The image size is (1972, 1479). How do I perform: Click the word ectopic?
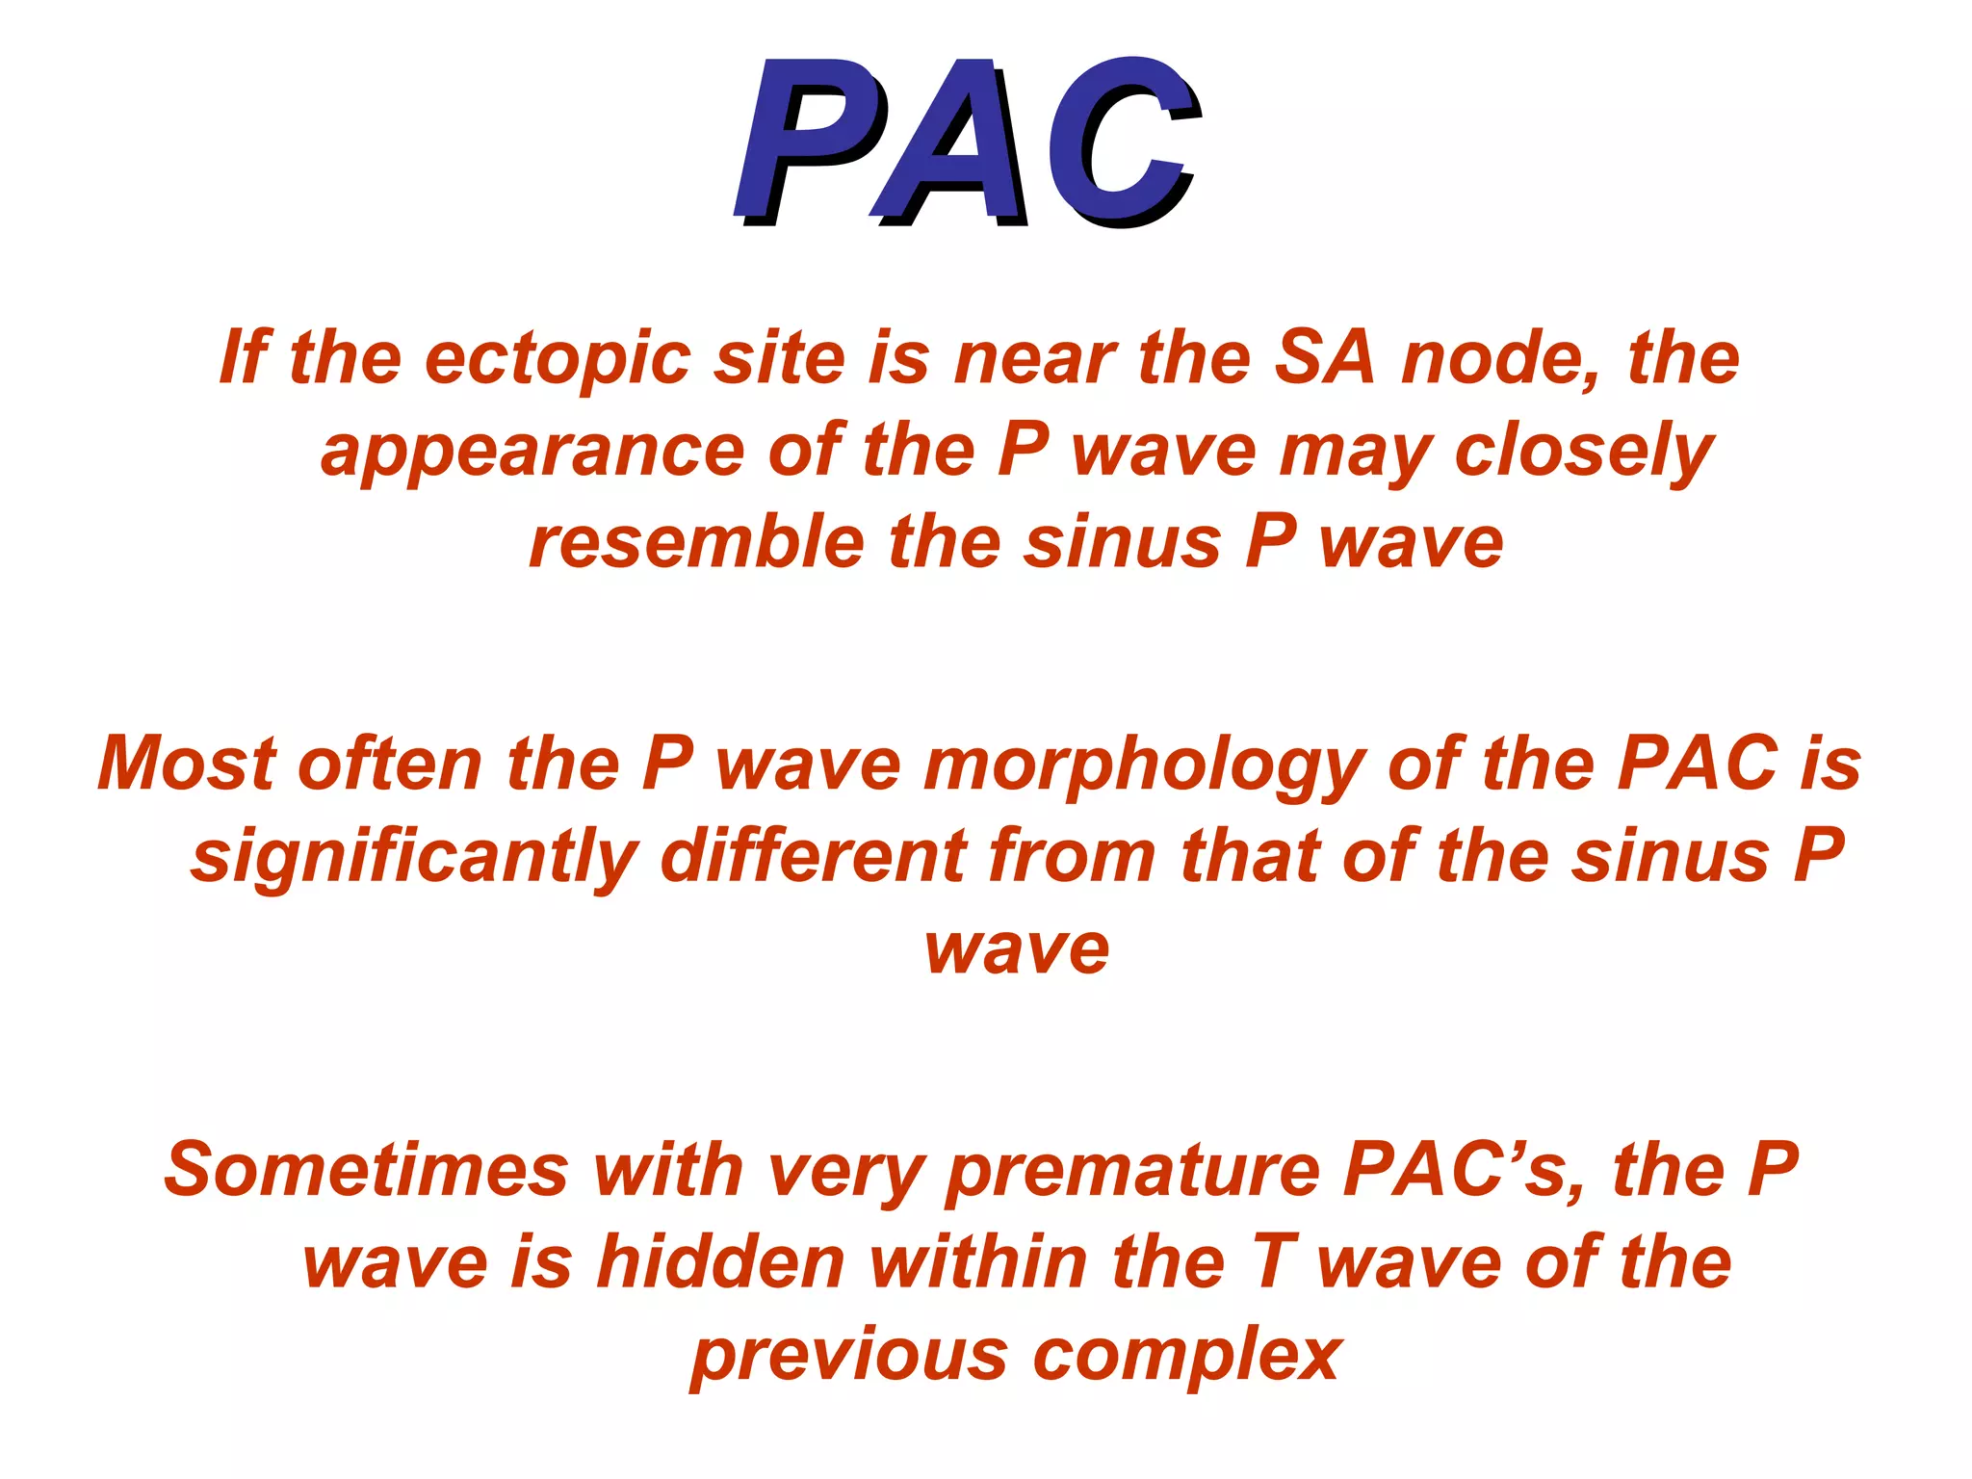tap(558, 358)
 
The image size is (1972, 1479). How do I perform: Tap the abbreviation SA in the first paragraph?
tap(1325, 358)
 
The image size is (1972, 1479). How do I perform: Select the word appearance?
tap(532, 451)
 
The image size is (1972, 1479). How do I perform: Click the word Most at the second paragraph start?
tap(186, 764)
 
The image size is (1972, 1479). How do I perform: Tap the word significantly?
tap(414, 856)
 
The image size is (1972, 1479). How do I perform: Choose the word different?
tap(813, 856)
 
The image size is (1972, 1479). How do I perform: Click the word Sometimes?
tap(366, 1171)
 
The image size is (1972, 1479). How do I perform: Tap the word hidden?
tap(720, 1262)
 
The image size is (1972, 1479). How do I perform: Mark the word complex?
tap(1187, 1356)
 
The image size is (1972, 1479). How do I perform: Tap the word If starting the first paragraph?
tap(242, 358)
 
